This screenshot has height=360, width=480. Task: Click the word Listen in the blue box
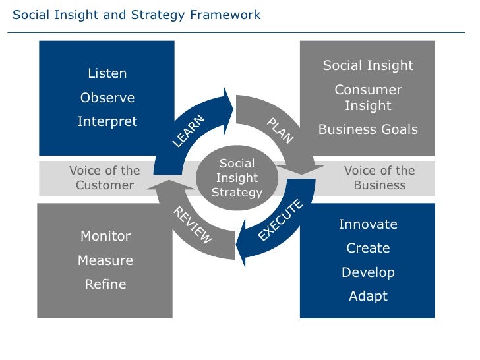point(107,73)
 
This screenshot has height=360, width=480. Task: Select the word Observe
point(107,98)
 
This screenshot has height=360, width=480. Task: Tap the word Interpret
point(107,121)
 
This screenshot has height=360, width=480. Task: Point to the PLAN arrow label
point(280,131)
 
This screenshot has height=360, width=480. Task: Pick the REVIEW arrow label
point(193,225)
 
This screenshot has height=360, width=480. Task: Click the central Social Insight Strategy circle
point(237,178)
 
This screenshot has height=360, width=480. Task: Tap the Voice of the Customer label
point(104,178)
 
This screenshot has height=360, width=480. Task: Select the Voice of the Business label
point(379,178)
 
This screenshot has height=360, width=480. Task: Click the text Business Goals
point(368,129)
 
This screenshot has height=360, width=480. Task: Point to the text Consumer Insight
point(368,98)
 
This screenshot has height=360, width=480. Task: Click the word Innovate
point(368,224)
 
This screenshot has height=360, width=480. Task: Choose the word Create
point(368,248)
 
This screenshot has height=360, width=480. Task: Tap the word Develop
point(368,272)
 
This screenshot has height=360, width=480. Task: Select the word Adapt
point(368,296)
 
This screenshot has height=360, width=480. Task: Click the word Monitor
point(105,236)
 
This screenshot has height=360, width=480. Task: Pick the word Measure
point(105,260)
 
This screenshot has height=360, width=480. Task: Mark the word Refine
point(105,285)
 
